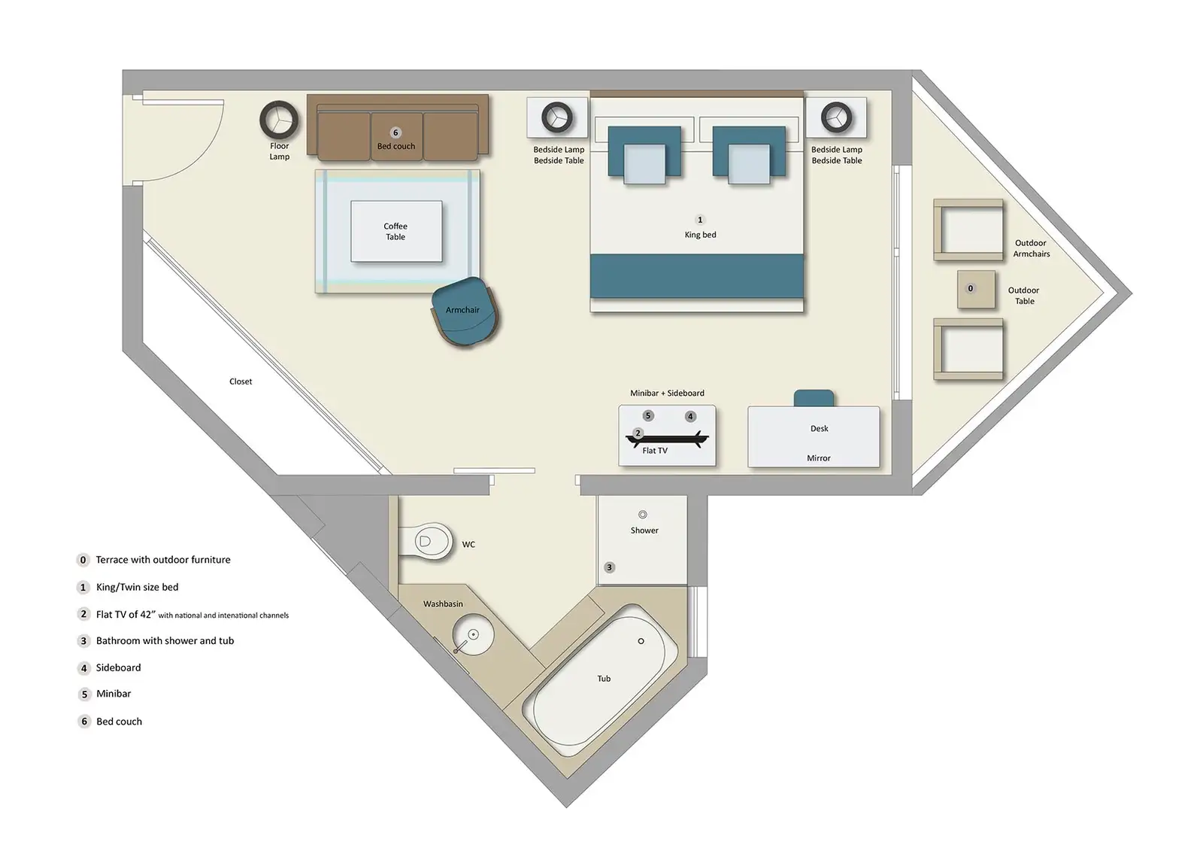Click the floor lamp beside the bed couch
pos(279,120)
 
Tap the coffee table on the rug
pos(396,232)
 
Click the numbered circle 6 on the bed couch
pos(395,133)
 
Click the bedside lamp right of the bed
pos(836,117)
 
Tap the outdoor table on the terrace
pos(975,290)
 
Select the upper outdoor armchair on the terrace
pos(968,230)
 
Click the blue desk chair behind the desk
pos(814,398)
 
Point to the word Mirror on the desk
pos(819,458)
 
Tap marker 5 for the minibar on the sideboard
pos(648,415)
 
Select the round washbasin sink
pos(473,636)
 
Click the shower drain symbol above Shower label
pos(643,515)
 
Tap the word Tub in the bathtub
pos(604,679)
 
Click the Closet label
pos(241,381)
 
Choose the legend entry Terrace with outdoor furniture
pos(162,560)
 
